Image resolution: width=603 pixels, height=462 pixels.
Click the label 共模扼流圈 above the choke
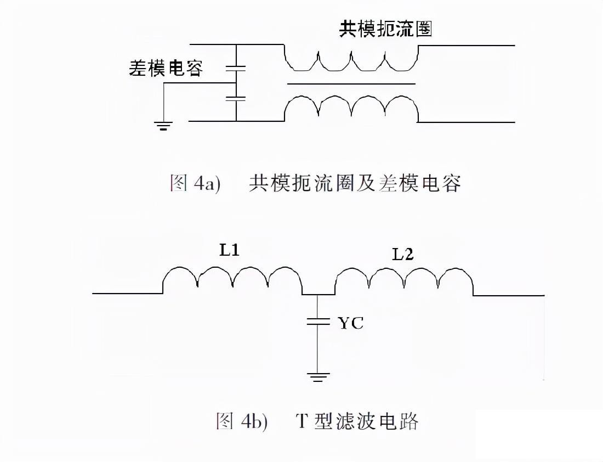(x=385, y=29)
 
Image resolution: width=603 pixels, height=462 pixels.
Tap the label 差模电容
(x=166, y=68)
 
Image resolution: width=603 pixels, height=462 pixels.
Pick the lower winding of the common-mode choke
(x=351, y=107)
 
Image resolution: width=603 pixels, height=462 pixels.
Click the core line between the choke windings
(x=351, y=84)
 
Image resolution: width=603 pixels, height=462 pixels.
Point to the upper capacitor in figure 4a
(x=236, y=69)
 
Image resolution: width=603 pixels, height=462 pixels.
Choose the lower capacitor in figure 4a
(x=236, y=99)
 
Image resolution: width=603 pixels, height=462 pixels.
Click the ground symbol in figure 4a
(x=163, y=126)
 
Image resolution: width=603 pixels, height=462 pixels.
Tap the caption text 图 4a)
(x=195, y=183)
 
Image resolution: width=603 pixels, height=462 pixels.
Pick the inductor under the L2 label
(x=404, y=280)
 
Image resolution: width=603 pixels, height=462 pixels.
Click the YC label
(x=350, y=323)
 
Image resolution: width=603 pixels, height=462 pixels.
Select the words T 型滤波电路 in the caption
(x=357, y=421)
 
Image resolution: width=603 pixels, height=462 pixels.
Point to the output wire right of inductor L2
(x=509, y=295)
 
